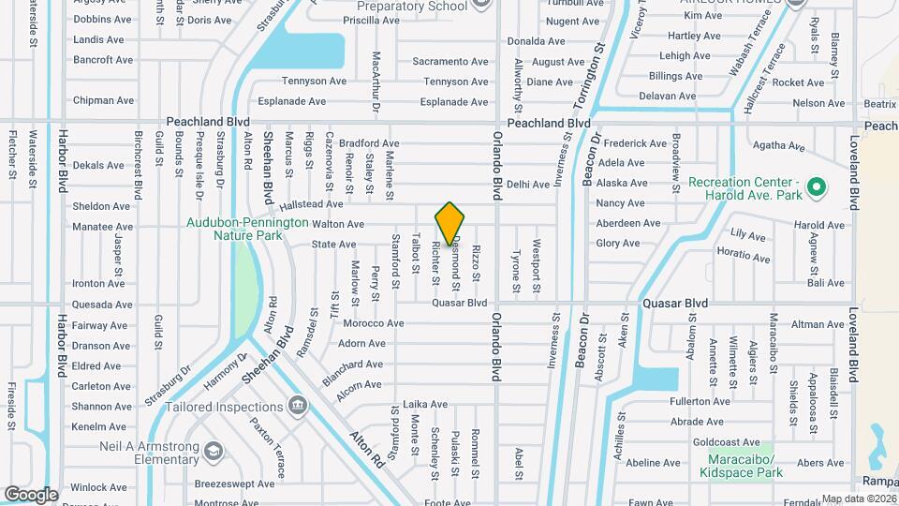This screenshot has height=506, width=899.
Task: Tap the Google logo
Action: [x=31, y=494]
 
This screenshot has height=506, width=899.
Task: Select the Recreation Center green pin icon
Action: [x=816, y=188]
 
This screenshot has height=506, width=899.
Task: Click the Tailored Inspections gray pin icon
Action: [x=298, y=406]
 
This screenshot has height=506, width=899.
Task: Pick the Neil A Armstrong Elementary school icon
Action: [x=214, y=452]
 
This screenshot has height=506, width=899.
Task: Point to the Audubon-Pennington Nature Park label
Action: [x=247, y=230]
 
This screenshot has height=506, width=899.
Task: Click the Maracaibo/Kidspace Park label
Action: [x=741, y=467]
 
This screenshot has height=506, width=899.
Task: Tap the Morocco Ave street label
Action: [x=374, y=323]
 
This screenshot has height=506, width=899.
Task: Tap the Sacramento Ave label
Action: [x=450, y=62]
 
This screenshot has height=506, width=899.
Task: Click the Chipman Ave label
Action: [x=104, y=100]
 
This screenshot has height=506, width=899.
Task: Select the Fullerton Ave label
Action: [x=700, y=401]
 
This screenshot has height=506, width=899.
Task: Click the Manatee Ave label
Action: [x=104, y=226]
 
